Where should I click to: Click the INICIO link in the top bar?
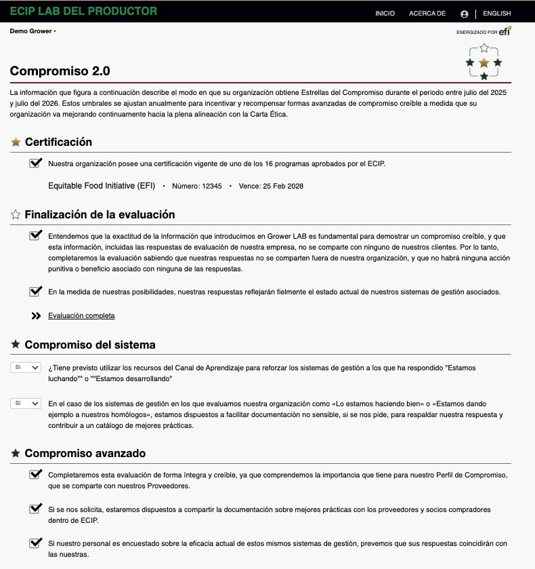[x=385, y=14]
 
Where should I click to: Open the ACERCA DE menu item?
[x=427, y=14]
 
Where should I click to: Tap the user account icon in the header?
[x=464, y=14]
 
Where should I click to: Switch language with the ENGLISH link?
[x=497, y=14]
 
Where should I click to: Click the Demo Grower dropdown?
[x=33, y=31]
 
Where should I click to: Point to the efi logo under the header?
[x=505, y=31]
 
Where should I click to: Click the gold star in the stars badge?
[x=484, y=62]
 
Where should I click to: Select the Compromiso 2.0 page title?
[x=60, y=71]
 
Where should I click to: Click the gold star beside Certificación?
[x=16, y=142]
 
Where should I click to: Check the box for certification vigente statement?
[x=36, y=163]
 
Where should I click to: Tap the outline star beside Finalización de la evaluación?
[x=16, y=215]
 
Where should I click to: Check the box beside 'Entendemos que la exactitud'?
[x=36, y=235]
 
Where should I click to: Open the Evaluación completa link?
[x=81, y=315]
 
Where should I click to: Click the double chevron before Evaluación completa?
[x=37, y=315]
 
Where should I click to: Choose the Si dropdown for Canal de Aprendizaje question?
[x=26, y=367]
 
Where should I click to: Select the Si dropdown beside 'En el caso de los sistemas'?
[x=26, y=403]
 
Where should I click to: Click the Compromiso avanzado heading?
[x=85, y=453]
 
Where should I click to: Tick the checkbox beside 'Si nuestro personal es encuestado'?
[x=36, y=543]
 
